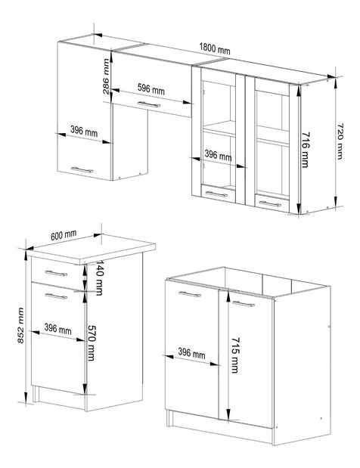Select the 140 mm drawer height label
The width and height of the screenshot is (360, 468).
(x=99, y=280)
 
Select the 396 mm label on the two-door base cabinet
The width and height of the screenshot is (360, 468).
(x=193, y=353)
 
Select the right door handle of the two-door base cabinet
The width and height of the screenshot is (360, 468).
(x=242, y=303)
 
